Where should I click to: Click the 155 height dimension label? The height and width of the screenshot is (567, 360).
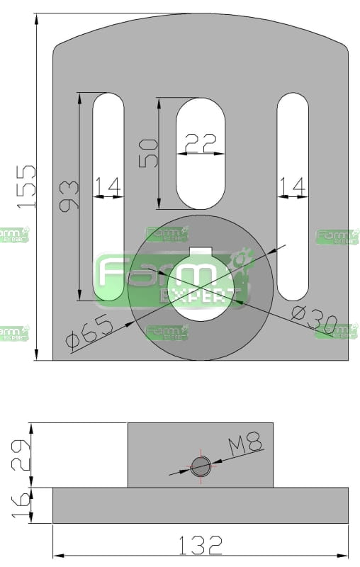27,186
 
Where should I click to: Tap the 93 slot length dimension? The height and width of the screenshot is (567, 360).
69,196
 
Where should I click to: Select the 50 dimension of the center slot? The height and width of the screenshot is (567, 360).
149,153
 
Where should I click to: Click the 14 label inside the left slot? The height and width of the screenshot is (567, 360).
108,186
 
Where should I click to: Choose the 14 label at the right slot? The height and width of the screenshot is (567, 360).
293,186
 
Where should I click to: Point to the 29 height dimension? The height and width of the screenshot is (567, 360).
21,454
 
